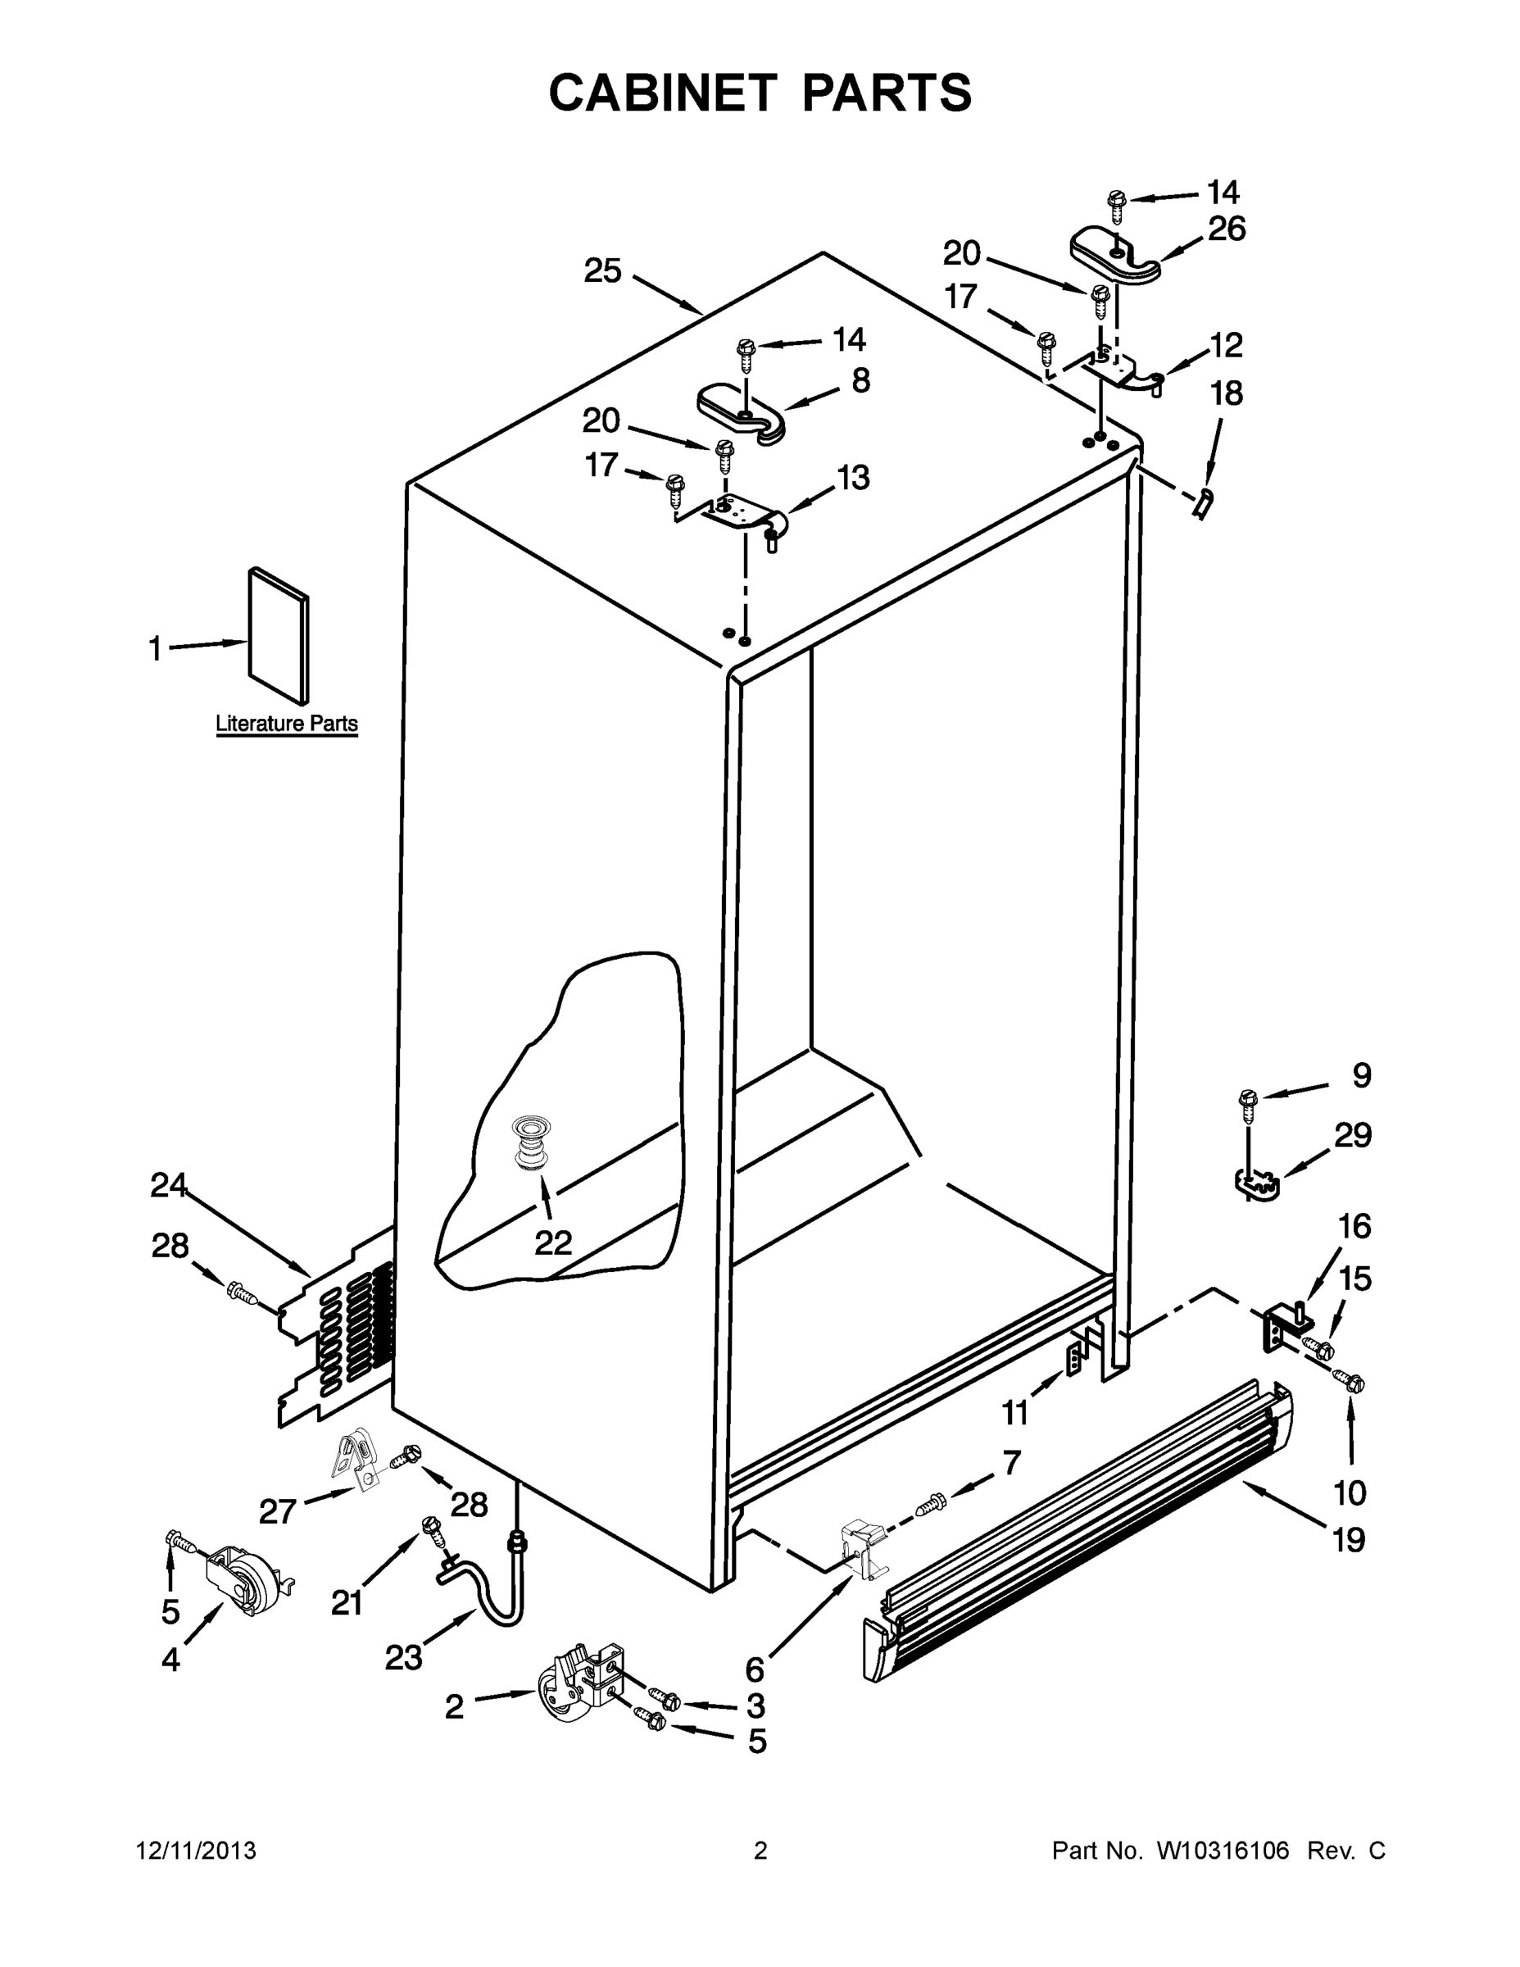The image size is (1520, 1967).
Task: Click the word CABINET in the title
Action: [662, 93]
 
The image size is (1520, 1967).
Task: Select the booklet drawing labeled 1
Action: [279, 635]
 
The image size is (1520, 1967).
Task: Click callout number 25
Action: [602, 270]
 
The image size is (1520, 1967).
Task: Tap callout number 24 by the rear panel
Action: [169, 1185]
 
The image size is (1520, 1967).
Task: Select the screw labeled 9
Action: [1248, 1103]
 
